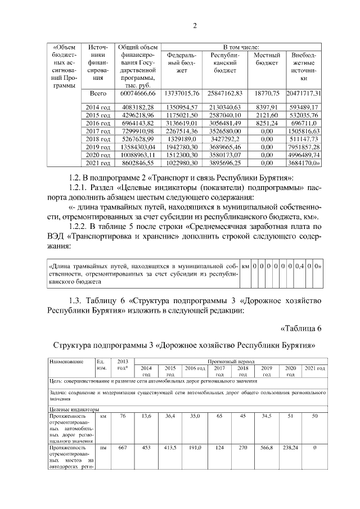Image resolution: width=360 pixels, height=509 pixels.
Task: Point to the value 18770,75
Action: pos(267,93)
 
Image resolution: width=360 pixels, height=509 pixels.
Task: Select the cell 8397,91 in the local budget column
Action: pos(267,107)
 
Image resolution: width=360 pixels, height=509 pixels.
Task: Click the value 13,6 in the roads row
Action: pos(146,417)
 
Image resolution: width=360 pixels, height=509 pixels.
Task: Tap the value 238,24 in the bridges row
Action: pos(291,448)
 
